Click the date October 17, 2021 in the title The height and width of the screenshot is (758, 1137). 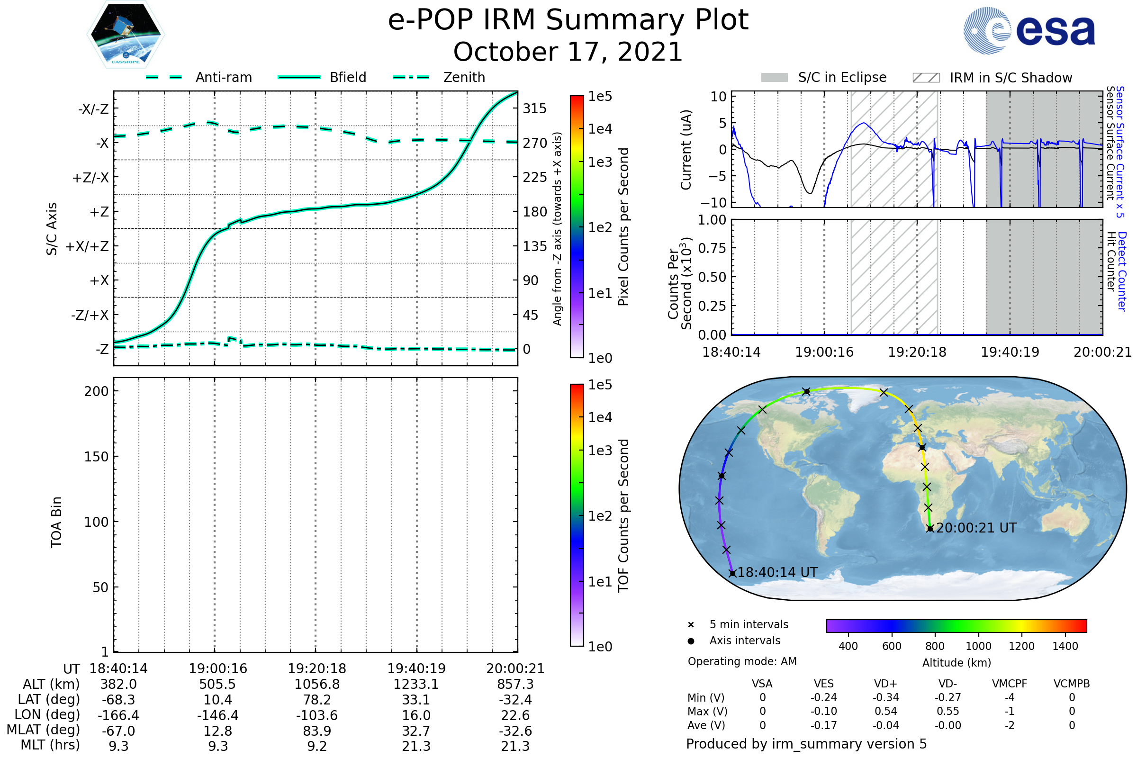click(568, 52)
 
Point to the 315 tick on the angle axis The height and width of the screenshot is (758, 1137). click(534, 108)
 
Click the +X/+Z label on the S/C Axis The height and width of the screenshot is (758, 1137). click(87, 246)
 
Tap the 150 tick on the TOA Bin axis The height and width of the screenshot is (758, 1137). click(96, 457)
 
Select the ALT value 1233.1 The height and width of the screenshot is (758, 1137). click(416, 685)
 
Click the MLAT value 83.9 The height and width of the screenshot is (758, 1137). click(316, 731)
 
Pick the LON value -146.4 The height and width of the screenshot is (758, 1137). click(217, 715)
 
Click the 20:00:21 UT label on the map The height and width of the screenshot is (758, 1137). click(976, 528)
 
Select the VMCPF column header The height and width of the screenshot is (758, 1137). click(1010, 684)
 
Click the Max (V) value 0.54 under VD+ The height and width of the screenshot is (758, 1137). click(885, 712)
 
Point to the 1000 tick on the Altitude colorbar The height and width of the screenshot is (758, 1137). click(978, 646)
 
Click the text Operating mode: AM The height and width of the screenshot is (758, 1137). click(742, 661)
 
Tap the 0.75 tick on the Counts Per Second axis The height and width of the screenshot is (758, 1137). click(712, 248)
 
